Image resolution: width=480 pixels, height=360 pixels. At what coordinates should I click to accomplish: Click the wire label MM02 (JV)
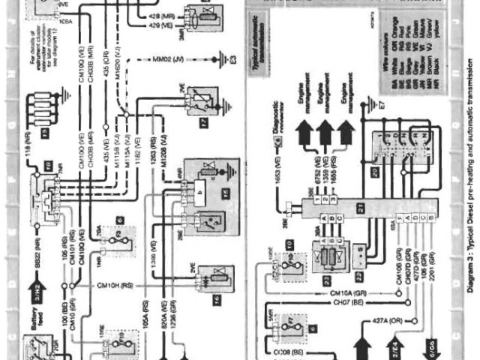(171, 58)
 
